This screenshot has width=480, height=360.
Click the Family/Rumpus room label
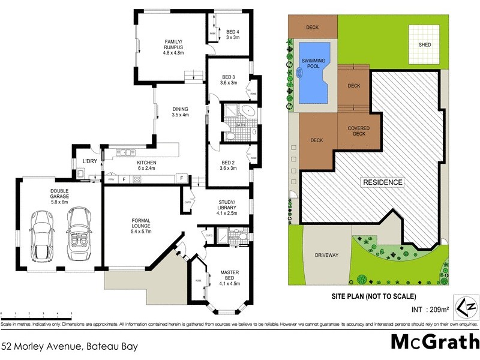173,47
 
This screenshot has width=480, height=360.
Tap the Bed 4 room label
232,34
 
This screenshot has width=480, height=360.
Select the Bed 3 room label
229,80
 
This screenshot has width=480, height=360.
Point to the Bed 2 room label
229,164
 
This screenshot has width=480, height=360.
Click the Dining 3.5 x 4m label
180,112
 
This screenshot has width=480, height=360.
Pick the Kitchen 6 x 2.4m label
146,166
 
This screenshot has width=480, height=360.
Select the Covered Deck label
358,132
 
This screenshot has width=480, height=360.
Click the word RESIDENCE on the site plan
382,182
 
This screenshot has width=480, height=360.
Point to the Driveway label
326,255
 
